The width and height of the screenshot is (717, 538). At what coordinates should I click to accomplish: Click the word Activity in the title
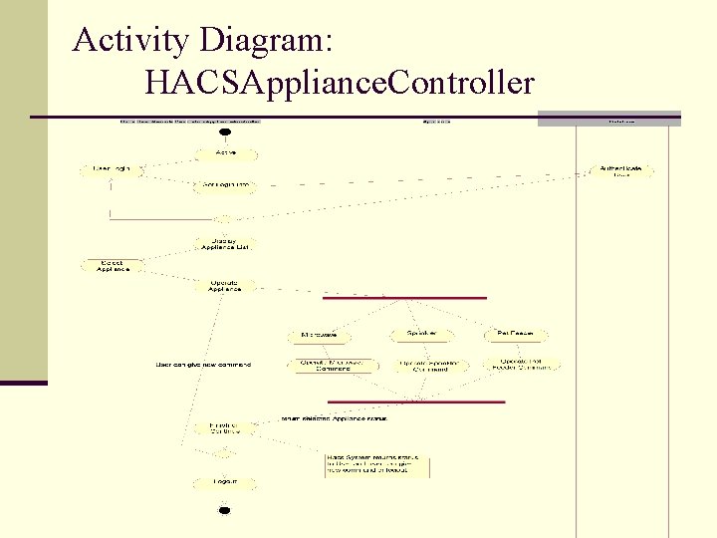pos(130,41)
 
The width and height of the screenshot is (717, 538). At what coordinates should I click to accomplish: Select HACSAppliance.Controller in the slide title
pos(339,83)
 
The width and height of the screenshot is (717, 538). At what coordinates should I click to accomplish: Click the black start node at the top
pos(225,132)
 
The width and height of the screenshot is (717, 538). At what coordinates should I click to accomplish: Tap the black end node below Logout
pos(224,510)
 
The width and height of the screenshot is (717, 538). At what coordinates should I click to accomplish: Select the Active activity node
pos(225,153)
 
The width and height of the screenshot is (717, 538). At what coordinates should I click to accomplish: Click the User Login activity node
pos(113,170)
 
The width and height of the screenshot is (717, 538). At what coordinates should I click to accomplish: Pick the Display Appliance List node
pos(225,244)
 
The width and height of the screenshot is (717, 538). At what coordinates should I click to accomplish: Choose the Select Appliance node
pos(113,266)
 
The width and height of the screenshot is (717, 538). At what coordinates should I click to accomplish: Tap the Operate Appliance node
pos(225,286)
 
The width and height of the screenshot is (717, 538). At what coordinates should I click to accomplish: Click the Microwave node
pos(322,335)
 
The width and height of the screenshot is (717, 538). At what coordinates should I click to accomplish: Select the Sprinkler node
pos(420,334)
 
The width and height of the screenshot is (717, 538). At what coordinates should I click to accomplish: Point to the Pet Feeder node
pos(516,334)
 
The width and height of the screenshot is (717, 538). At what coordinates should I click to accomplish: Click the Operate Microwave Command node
pos(333,365)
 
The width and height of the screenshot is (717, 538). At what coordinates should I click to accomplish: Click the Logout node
pos(225,482)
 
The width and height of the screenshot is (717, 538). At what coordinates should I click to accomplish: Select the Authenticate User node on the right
pos(621,171)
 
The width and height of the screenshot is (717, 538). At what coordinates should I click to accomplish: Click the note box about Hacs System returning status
pos(377,465)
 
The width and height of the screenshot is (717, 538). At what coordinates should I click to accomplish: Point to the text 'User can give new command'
pos(203,365)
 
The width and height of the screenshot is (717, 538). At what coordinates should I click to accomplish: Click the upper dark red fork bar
pos(404,297)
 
